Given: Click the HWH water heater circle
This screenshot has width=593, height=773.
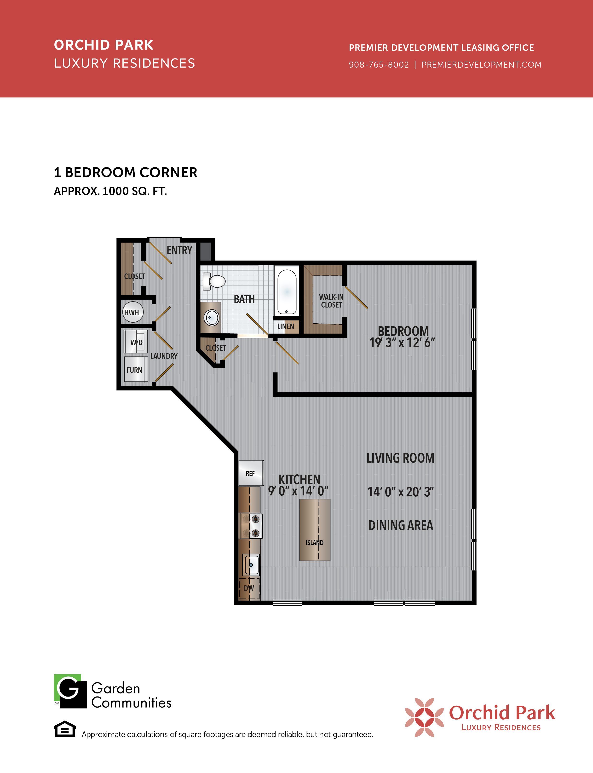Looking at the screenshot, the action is pos(133,312).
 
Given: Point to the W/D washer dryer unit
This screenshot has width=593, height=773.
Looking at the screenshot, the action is pos(136,342).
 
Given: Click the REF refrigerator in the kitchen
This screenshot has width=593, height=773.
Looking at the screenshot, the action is pos(251,473).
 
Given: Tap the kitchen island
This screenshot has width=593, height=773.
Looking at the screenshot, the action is pos(315,530).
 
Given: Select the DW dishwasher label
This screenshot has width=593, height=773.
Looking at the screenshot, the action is pos(249,588).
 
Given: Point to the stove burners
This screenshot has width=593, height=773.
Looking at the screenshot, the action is pos(251,526).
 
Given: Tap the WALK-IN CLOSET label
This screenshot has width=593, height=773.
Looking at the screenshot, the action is pos(331,301).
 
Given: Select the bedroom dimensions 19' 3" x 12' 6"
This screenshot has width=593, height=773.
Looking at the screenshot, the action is pos(402,343).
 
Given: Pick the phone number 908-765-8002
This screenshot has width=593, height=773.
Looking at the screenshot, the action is pos(379,65).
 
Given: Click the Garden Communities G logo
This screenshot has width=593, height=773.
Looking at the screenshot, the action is pos(70,691).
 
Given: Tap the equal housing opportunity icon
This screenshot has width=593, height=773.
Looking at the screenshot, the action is pos(65,729).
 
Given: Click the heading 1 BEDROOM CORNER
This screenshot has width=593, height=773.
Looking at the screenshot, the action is pos(126,172).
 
